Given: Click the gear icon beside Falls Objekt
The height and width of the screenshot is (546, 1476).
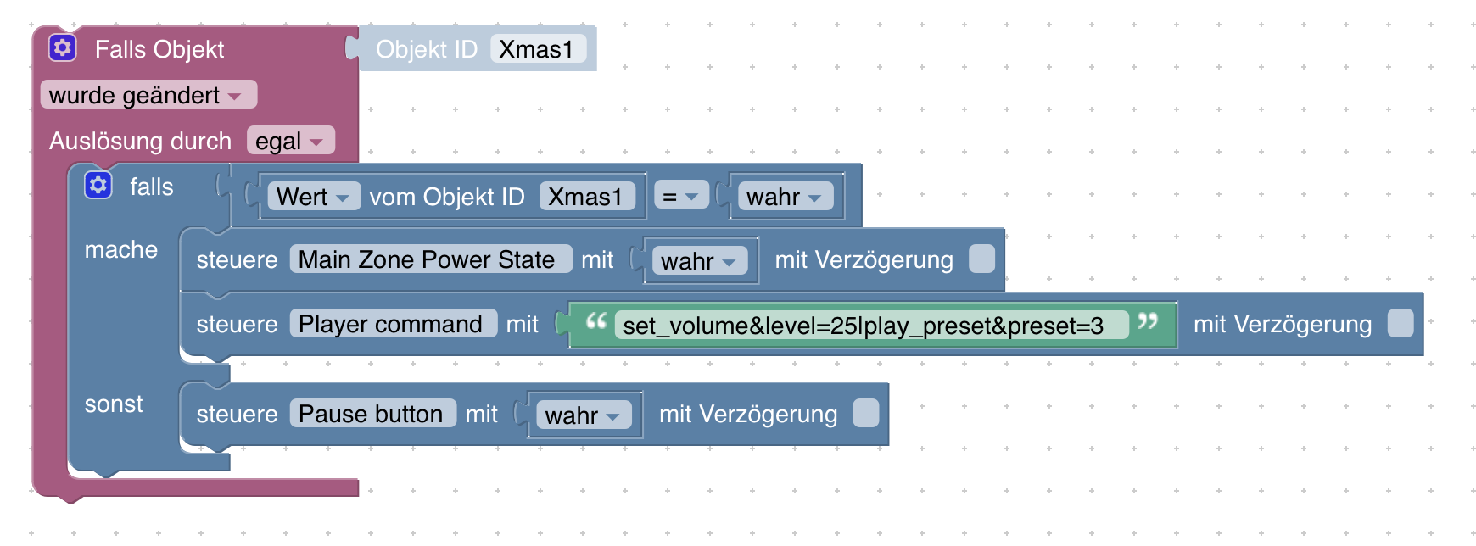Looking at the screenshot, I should (x=63, y=47).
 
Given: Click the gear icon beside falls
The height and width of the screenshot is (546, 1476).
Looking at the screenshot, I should (x=98, y=185).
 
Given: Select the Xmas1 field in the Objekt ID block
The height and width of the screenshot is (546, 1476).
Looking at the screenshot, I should (x=537, y=49).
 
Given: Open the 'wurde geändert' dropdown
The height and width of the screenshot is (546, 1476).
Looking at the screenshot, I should (x=148, y=95).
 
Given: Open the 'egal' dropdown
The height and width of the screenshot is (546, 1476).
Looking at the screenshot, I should (x=290, y=141).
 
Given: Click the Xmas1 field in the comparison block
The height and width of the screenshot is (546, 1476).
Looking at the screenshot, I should (x=585, y=197).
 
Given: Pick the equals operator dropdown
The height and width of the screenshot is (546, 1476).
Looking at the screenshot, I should (x=680, y=197).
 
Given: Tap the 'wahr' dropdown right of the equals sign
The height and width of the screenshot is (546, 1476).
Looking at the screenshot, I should (x=784, y=197).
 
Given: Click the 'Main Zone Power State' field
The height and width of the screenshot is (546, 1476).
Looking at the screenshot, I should (x=428, y=259).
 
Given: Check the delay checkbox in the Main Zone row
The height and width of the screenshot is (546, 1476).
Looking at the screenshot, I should (x=981, y=259).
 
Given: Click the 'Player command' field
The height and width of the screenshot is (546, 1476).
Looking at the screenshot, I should (x=391, y=324).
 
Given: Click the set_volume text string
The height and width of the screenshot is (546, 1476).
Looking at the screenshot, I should (x=864, y=326).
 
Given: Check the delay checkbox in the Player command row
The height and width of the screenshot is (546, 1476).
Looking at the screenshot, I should (x=1401, y=324).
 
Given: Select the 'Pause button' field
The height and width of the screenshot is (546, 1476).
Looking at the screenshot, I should (x=372, y=414).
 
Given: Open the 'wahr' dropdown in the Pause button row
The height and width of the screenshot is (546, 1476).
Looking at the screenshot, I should (x=583, y=415).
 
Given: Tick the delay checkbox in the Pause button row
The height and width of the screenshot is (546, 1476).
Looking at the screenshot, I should (x=866, y=414).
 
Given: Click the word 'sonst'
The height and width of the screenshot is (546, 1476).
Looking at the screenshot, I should (x=114, y=404).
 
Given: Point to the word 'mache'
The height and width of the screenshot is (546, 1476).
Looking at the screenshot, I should (x=121, y=249).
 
